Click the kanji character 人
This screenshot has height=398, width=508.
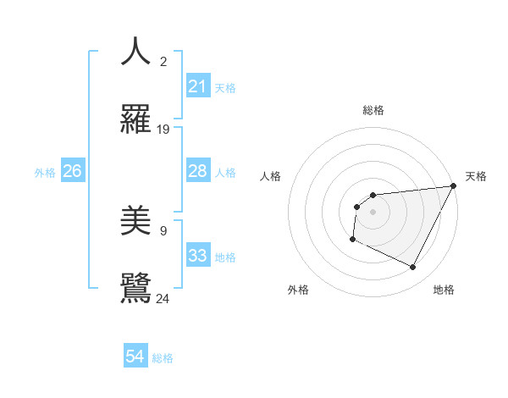point(135,52)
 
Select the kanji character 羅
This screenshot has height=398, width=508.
point(135,119)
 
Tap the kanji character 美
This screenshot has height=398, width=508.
point(135,221)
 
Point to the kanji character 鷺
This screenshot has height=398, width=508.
point(135,289)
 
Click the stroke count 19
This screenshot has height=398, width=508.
point(163,130)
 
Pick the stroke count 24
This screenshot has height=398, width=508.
point(163,299)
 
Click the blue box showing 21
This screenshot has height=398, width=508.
point(197,86)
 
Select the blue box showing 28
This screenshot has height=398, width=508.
point(197,171)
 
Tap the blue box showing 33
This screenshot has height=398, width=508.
point(197,256)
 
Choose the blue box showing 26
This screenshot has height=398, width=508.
point(72,171)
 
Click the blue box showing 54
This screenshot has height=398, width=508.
point(135,357)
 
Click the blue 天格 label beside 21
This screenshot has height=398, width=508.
point(225,87)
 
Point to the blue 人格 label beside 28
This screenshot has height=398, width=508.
point(225,172)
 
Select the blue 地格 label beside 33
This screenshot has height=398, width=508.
point(225,257)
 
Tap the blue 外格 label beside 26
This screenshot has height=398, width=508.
point(45,172)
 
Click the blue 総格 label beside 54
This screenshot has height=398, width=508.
point(163,358)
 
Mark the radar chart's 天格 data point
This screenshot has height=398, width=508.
point(453,186)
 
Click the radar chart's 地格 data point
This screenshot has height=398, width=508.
point(413,268)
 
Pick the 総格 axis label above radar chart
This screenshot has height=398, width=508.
point(373,110)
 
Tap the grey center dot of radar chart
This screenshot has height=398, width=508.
point(373,212)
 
